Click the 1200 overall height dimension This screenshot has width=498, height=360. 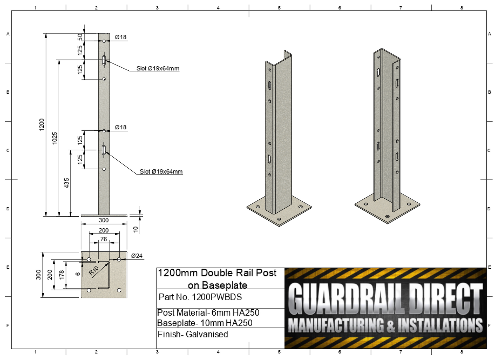point(42,124)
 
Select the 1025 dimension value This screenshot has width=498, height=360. point(54,138)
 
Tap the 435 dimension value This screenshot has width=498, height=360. point(67,183)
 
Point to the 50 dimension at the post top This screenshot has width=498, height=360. point(80,37)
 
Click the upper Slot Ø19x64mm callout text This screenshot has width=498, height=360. point(158,68)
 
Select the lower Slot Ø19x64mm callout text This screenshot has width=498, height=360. point(161,171)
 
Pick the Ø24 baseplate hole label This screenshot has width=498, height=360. point(137,256)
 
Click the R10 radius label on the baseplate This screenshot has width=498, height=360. point(93,271)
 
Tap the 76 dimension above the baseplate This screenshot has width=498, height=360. point(103,239)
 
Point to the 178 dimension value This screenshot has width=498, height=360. point(61,274)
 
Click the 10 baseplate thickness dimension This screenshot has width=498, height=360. point(135,229)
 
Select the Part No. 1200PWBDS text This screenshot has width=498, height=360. point(200,297)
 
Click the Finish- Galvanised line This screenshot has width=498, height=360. point(193,334)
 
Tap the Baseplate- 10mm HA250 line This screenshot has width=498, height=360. point(205,323)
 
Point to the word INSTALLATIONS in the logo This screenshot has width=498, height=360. point(440,325)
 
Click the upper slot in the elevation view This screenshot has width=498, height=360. point(104,60)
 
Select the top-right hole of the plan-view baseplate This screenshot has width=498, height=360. point(119,259)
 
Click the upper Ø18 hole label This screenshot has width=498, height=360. point(121,37)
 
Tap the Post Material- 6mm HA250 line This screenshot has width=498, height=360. point(208,312)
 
